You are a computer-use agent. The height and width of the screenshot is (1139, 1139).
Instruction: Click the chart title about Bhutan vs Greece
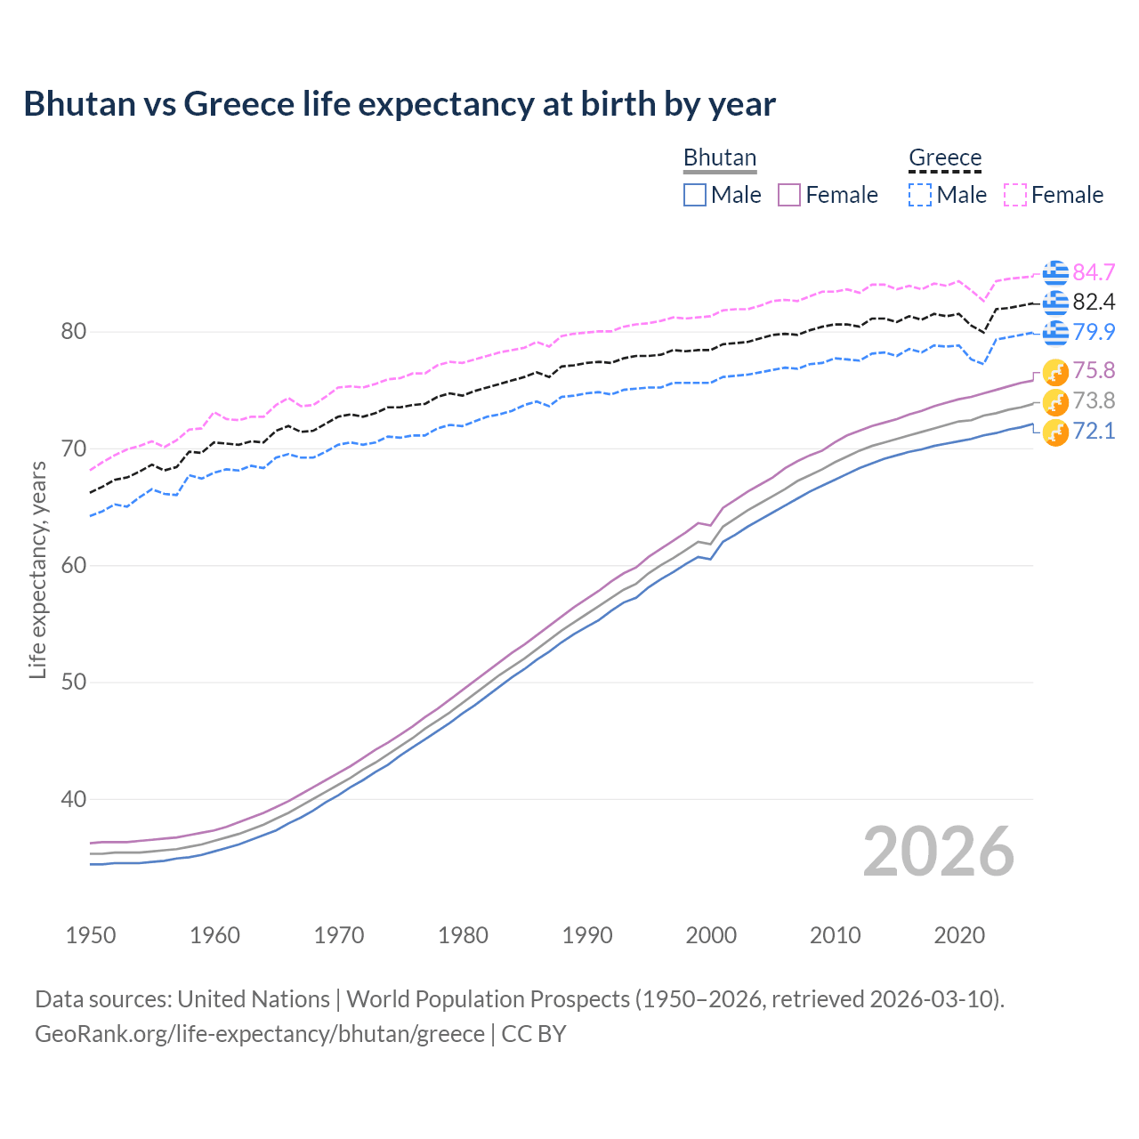click(x=400, y=104)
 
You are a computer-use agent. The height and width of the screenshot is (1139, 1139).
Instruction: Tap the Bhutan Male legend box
click(x=695, y=195)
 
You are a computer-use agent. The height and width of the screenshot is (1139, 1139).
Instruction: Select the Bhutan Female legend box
click(x=789, y=195)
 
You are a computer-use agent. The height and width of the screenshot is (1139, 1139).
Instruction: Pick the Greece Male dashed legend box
click(x=920, y=195)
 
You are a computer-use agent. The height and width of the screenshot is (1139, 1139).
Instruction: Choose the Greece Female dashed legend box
click(x=1015, y=195)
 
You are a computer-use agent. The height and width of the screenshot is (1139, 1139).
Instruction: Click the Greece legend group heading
click(x=945, y=158)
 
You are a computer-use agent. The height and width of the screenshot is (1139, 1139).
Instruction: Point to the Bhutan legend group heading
click(x=720, y=158)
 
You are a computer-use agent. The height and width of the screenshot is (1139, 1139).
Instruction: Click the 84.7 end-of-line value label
click(x=1094, y=272)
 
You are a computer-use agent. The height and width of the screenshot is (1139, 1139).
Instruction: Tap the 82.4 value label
click(x=1094, y=303)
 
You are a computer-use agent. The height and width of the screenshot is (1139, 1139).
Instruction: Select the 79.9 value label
click(x=1094, y=332)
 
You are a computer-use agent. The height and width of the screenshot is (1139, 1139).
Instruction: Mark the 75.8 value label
click(x=1094, y=370)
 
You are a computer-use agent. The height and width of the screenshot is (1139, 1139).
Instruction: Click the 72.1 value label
click(x=1094, y=432)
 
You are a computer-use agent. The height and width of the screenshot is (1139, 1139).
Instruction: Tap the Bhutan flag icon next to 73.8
click(x=1055, y=401)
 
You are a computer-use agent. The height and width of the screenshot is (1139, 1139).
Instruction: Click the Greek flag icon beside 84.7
click(x=1055, y=272)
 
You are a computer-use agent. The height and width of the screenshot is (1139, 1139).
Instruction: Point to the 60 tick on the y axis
click(x=74, y=566)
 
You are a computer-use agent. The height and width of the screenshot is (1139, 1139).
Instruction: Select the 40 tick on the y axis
click(x=74, y=800)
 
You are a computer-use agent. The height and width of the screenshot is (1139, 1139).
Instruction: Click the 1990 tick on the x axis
click(x=587, y=935)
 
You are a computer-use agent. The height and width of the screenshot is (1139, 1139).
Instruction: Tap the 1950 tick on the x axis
click(x=91, y=935)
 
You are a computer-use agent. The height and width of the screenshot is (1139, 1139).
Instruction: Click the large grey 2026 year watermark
click(x=939, y=852)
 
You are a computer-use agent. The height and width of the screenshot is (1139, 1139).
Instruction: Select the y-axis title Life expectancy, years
click(x=38, y=570)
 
